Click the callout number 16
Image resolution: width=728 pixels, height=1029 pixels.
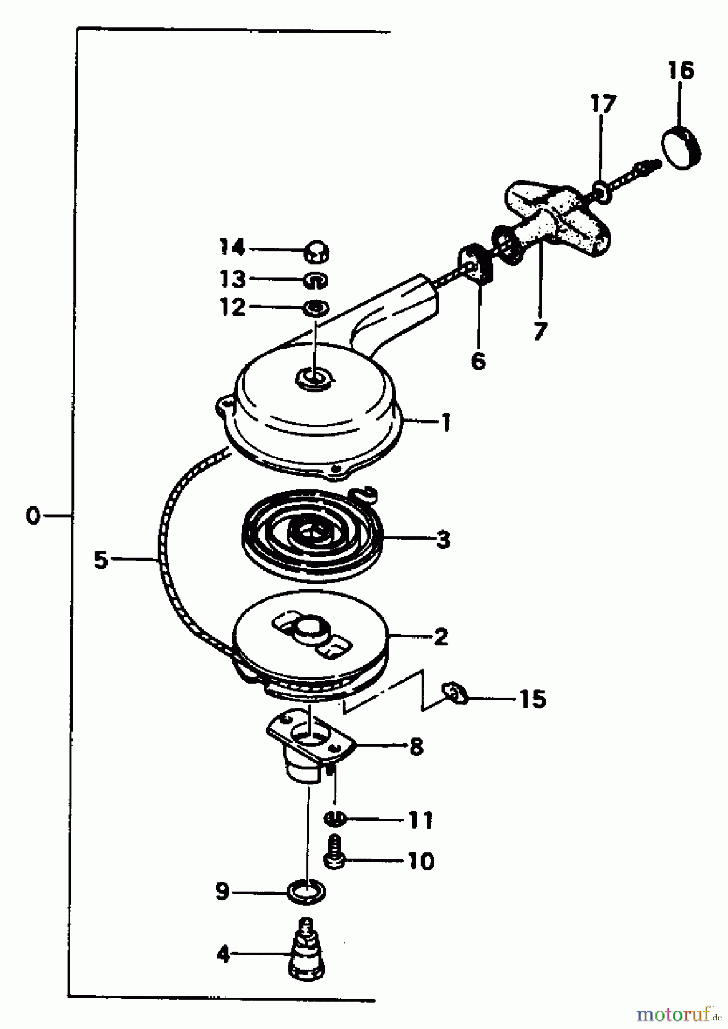click(x=680, y=71)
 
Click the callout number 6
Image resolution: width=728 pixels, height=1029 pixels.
click(x=478, y=361)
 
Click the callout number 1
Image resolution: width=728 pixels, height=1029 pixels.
click(x=445, y=424)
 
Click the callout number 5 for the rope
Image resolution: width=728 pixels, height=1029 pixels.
click(x=101, y=560)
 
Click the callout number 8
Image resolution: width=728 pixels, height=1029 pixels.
click(x=416, y=746)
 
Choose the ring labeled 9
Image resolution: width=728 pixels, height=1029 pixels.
click(x=307, y=891)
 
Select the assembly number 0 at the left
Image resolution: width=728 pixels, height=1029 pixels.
click(x=33, y=516)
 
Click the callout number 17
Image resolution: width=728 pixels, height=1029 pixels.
click(x=604, y=104)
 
